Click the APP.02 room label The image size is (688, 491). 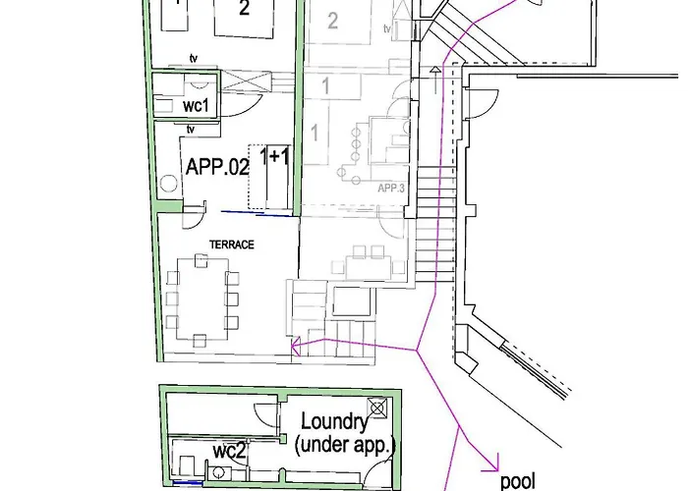click(x=217, y=167)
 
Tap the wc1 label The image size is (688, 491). click(x=196, y=105)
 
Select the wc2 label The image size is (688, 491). click(x=229, y=451)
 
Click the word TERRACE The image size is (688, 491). click(x=232, y=245)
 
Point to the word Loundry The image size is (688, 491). click(x=334, y=421)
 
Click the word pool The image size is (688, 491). click(x=518, y=481)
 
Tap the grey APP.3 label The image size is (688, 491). click(x=391, y=189)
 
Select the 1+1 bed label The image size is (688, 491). click(x=274, y=155)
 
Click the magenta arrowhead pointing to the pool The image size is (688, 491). click(x=493, y=466)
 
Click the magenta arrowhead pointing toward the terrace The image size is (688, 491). click(x=295, y=347)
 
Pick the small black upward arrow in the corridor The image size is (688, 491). click(x=434, y=80)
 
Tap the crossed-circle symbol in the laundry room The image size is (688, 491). click(x=376, y=409)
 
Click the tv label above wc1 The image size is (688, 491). click(x=194, y=58)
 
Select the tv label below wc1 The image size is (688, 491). click(x=191, y=130)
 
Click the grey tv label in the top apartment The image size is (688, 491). click(x=387, y=28)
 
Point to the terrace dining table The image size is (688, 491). click(x=202, y=299)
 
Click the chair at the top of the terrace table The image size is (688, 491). click(x=201, y=260)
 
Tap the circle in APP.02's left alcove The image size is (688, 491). click(x=168, y=184)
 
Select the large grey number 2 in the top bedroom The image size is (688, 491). click(x=332, y=21)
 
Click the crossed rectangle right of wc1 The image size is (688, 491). click(x=246, y=82)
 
